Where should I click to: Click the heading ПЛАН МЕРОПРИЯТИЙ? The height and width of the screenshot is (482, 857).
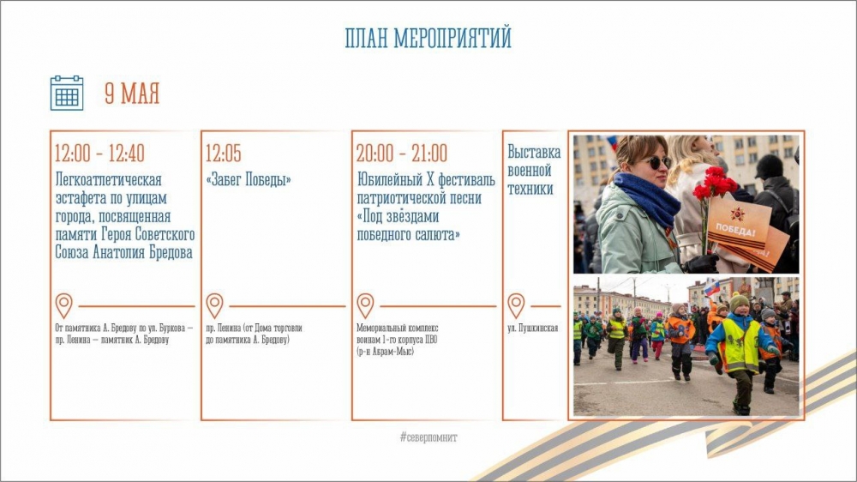click(428, 39)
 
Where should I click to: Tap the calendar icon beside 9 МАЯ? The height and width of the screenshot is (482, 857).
click(67, 93)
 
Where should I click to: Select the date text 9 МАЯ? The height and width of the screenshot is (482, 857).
click(132, 93)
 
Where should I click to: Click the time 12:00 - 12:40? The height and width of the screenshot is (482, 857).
click(99, 154)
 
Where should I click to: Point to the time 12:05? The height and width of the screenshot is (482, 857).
click(223, 154)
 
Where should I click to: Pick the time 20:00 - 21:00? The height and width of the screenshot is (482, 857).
click(402, 154)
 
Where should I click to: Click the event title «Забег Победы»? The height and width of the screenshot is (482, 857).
click(249, 179)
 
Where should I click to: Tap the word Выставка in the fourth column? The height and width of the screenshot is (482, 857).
click(534, 152)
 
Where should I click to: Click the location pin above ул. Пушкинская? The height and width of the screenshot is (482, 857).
click(516, 306)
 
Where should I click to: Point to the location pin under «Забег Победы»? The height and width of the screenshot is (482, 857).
click(214, 306)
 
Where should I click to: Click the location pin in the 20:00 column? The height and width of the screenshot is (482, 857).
click(365, 306)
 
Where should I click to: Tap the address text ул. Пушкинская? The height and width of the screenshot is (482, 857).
click(533, 328)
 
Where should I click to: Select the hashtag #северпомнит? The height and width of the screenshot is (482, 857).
click(428, 437)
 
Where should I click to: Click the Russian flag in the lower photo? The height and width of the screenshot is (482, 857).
click(711, 288)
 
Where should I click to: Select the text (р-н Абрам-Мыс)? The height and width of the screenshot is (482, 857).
click(386, 352)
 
